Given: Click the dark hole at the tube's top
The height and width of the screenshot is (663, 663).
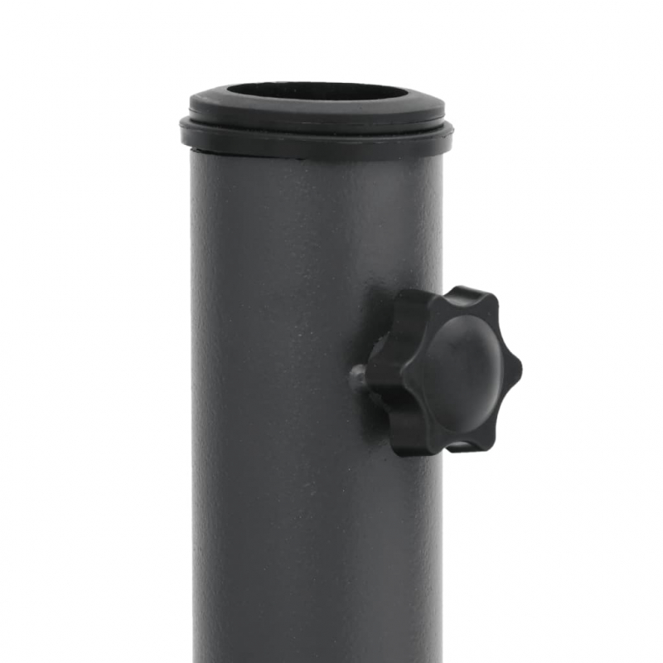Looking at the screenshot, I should pos(317,91).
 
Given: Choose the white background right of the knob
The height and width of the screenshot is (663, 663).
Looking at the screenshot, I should pos(588,373).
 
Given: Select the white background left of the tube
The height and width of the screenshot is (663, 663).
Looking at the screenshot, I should pos(91,373).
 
